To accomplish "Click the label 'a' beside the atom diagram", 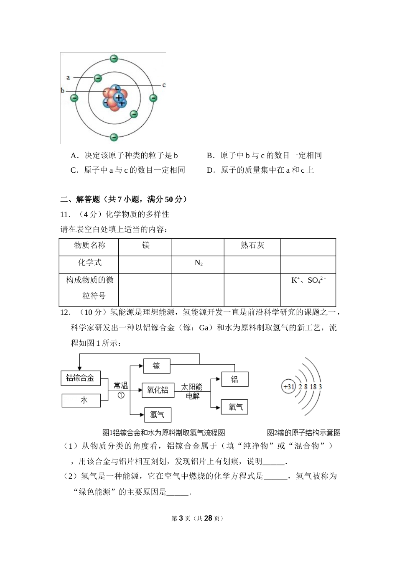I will click(68, 77).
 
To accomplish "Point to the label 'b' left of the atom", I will click(63, 90).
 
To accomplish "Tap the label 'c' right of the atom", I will click(164, 85).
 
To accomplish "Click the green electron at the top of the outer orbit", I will click(114, 59).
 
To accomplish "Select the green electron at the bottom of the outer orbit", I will click(114, 137).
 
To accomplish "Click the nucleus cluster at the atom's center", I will click(115, 98).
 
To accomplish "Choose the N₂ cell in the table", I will click(198, 263).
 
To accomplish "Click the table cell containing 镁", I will click(145, 245).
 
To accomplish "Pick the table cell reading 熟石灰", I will click(252, 245).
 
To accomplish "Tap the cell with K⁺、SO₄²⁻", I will click(308, 280).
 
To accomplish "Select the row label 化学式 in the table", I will click(89, 263).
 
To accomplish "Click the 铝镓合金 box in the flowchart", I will click(80, 378).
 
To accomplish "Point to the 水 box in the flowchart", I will click(83, 400).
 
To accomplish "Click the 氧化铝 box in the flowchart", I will click(158, 390).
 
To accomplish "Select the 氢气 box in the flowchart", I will click(158, 414).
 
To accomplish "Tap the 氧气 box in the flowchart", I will click(235, 407).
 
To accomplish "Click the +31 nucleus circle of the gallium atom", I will click(289, 387).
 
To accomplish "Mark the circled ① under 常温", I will click(121, 395).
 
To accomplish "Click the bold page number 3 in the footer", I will click(181, 518).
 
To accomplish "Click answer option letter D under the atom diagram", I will click(211, 170).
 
